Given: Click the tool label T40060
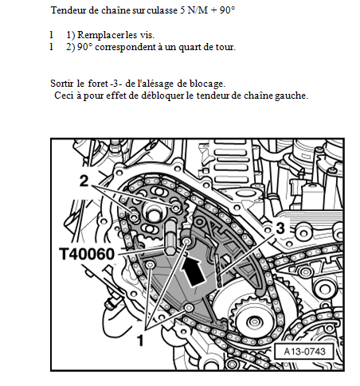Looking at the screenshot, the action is [87, 254].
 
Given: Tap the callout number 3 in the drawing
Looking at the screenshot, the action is [280, 228].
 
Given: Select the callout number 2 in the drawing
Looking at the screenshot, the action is [84, 181].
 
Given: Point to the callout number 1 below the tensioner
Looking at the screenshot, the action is [140, 340].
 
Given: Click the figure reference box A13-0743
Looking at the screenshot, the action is [304, 352].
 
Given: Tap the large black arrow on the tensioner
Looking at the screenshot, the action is [193, 271].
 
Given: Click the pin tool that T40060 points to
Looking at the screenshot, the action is [170, 237].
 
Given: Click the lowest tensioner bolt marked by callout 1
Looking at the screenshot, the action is [190, 307].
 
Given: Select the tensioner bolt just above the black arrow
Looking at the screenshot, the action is [186, 241].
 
